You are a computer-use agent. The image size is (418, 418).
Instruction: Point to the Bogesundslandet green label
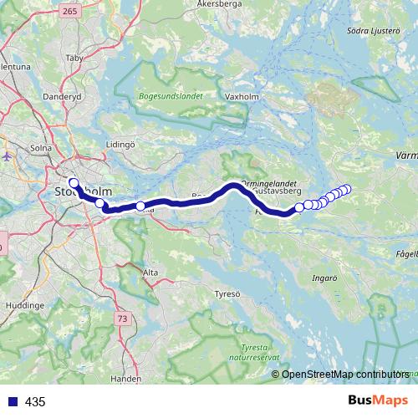(171, 97)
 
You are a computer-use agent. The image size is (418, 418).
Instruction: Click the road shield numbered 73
(123, 319)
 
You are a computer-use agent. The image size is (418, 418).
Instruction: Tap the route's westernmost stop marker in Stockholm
(74, 183)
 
